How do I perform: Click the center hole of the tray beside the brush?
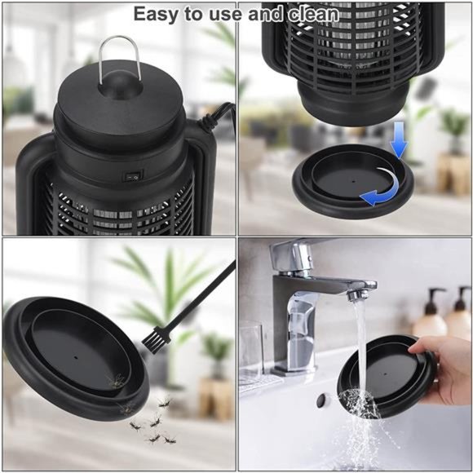pos(75,356)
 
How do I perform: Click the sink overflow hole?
pos(325,400)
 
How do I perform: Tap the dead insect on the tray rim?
pos(114,381)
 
